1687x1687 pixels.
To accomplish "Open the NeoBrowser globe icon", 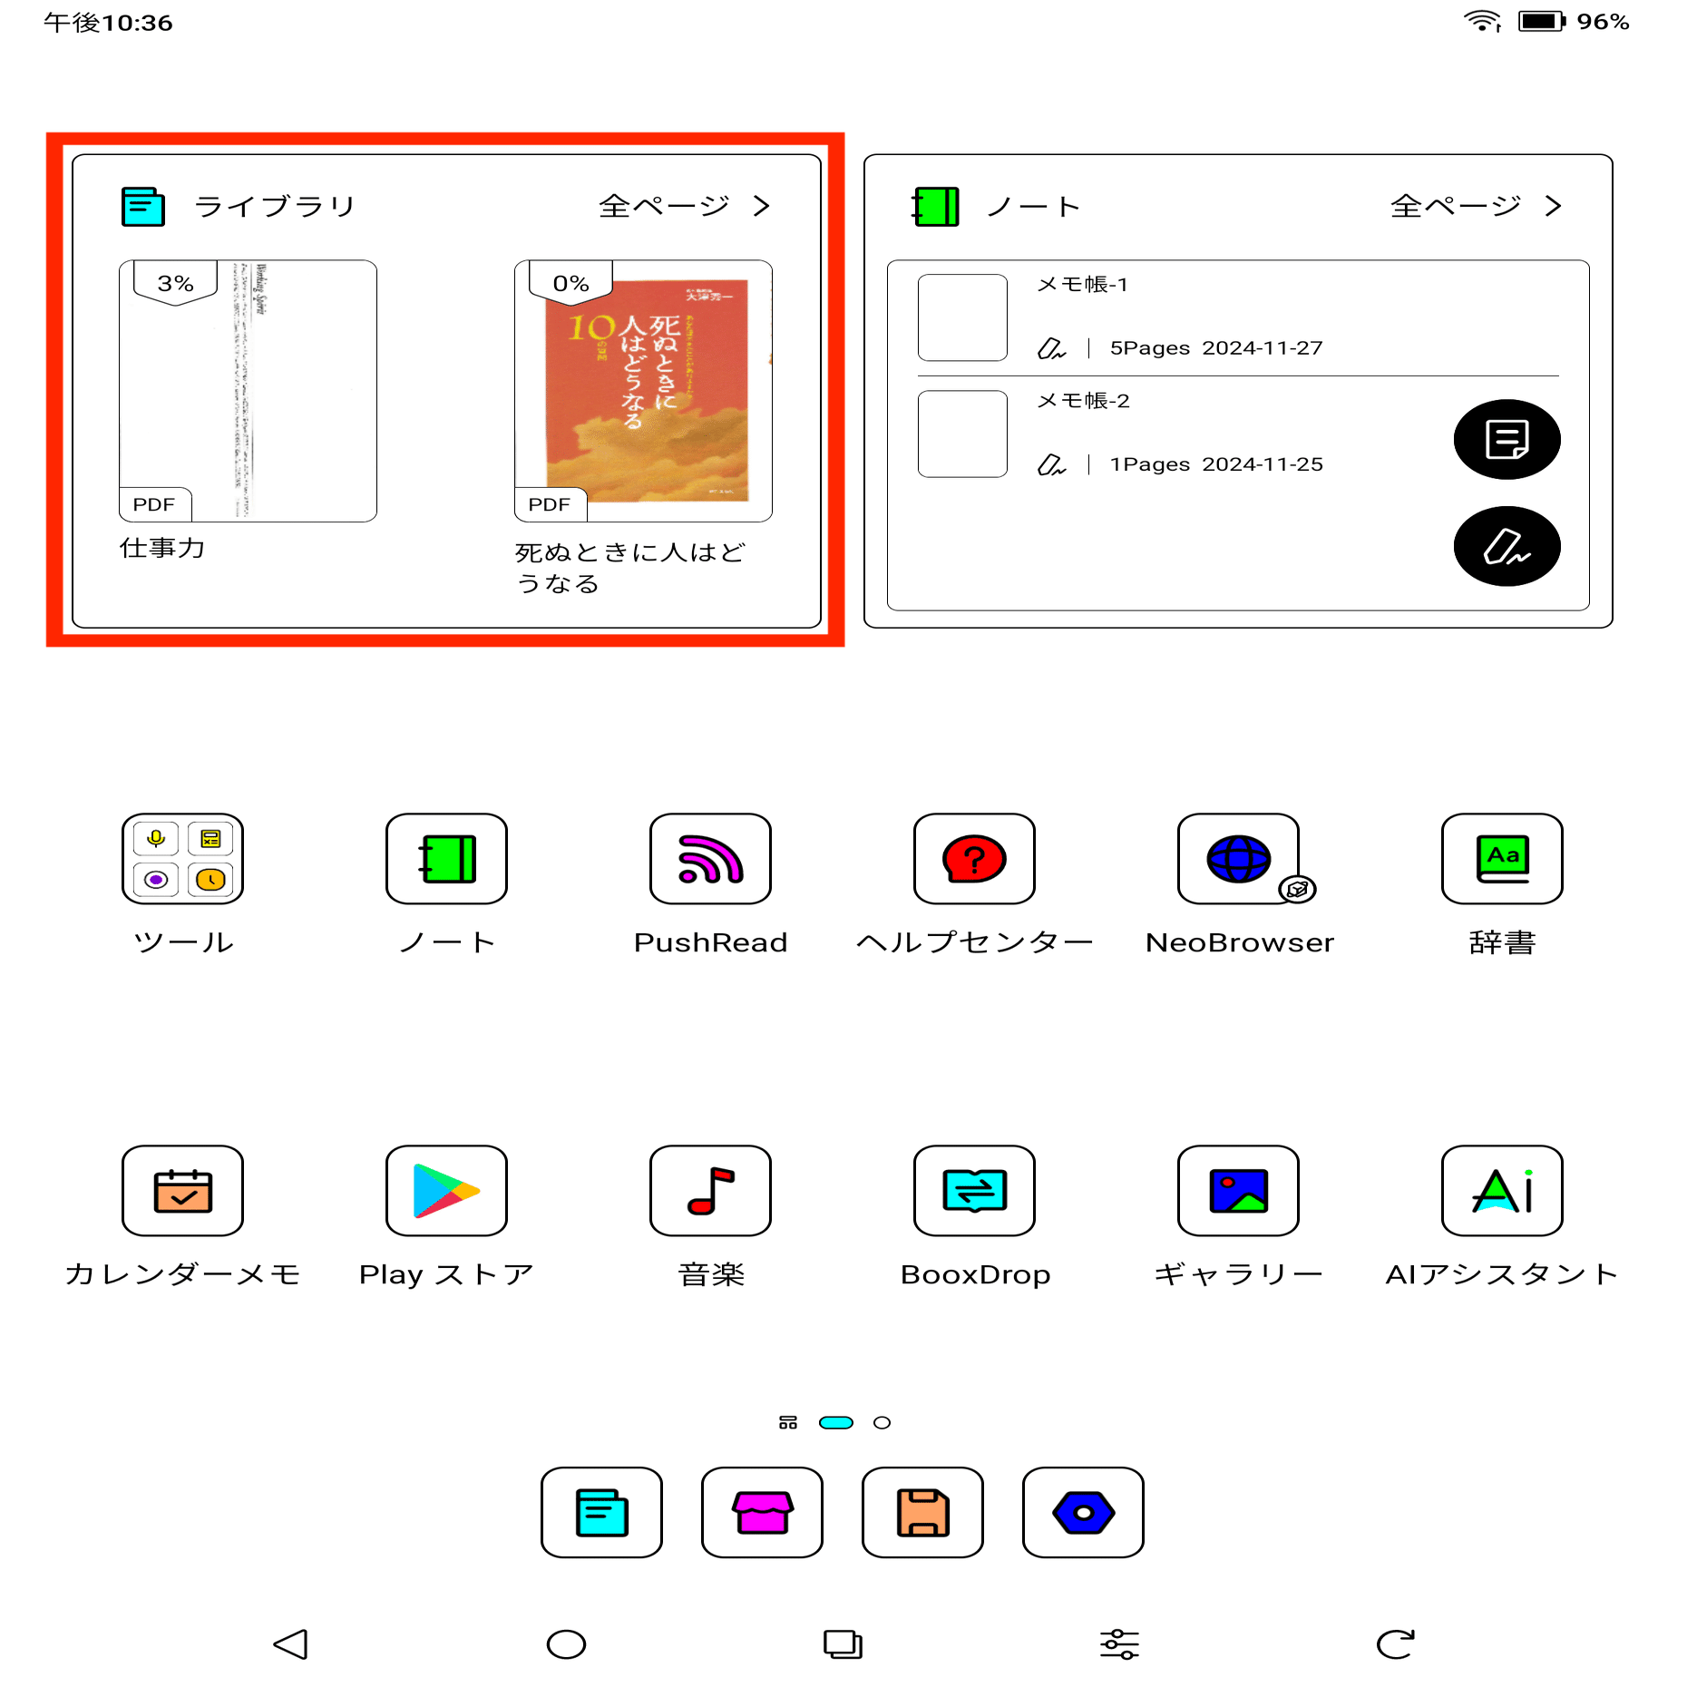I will tap(1238, 858).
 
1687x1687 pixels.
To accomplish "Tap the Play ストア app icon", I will tap(446, 1190).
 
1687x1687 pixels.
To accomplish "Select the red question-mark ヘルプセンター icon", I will tap(974, 858).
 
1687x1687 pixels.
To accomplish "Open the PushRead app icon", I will tap(710, 858).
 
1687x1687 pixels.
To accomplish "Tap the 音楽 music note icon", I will tap(710, 1190).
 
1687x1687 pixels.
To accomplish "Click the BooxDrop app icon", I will tap(974, 1190).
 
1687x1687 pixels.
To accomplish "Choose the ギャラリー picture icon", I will tap(1238, 1190).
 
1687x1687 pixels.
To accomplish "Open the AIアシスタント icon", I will tap(1502, 1190).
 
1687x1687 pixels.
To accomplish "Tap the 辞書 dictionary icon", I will tap(1502, 858).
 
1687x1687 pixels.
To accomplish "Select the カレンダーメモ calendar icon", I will tap(182, 1190).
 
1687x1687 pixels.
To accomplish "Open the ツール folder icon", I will tap(182, 858).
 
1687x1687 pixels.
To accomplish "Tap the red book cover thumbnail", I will tap(646, 390).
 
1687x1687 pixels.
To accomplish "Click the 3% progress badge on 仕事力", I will tap(175, 283).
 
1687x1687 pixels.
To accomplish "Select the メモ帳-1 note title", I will tap(1082, 285).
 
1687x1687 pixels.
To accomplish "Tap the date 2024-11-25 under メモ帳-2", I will tap(1262, 464).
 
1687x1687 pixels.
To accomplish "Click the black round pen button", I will tap(1507, 546).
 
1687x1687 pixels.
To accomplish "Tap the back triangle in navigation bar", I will tap(291, 1643).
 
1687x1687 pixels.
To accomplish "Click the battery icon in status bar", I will tap(1541, 21).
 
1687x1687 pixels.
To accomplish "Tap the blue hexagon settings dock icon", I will tap(1083, 1512).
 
